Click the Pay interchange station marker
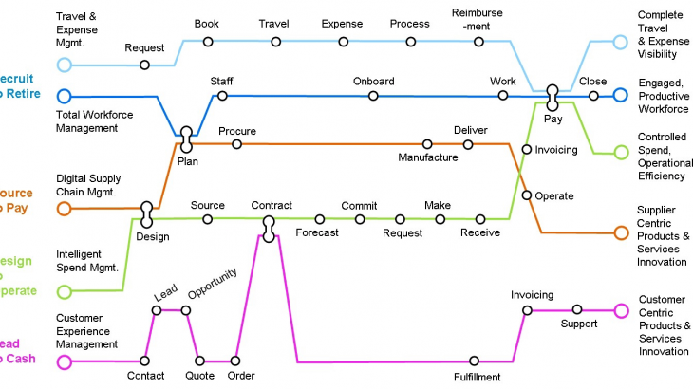tap(553, 96)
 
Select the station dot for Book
tap(208, 41)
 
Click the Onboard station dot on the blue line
tap(373, 96)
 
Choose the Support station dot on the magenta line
tap(576, 309)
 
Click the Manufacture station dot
tap(427, 144)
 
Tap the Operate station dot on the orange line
tap(527, 195)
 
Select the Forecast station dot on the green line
tap(317, 219)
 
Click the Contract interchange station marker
tap(269, 227)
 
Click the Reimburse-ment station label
tap(478, 20)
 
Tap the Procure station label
tap(236, 130)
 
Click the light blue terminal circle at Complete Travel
tap(620, 42)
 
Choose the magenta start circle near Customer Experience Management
tap(64, 361)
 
